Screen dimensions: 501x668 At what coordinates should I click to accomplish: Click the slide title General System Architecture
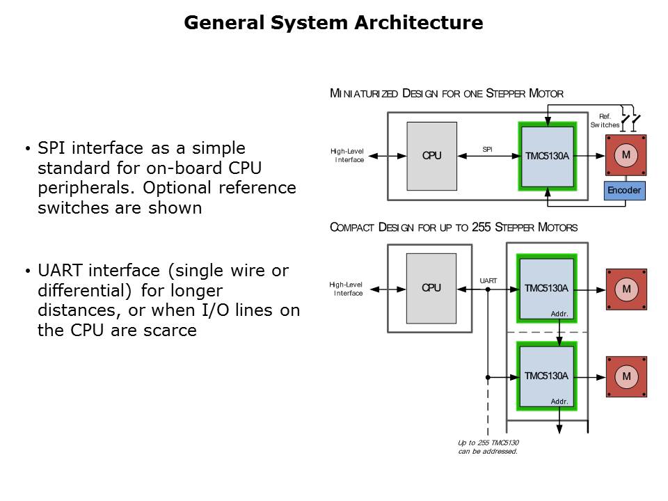pyautogui.click(x=333, y=23)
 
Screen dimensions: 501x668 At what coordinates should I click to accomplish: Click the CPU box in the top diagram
pyautogui.click(x=431, y=156)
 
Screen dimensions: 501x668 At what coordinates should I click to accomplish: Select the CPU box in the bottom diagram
pyautogui.click(x=431, y=287)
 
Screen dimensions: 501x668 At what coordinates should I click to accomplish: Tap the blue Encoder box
pyautogui.click(x=624, y=190)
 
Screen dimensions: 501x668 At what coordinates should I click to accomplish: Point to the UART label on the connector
pyautogui.click(x=488, y=281)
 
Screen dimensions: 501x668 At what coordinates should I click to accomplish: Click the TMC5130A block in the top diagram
pyautogui.click(x=547, y=157)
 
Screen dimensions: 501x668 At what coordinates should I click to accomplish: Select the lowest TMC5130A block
pyautogui.click(x=547, y=376)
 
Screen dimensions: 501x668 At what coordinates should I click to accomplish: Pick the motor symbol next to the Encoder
pyautogui.click(x=626, y=154)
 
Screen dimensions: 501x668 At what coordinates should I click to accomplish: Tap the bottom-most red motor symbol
pyautogui.click(x=626, y=376)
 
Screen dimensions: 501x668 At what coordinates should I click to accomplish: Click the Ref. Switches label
pyautogui.click(x=604, y=120)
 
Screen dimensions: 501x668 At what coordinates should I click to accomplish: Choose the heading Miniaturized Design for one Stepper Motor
pyautogui.click(x=446, y=93)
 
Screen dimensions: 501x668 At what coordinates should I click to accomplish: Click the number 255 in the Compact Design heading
pyautogui.click(x=482, y=228)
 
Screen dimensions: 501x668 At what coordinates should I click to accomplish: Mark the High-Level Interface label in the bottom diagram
pyautogui.click(x=347, y=289)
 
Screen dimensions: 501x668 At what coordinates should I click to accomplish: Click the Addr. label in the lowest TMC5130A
pyautogui.click(x=559, y=401)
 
